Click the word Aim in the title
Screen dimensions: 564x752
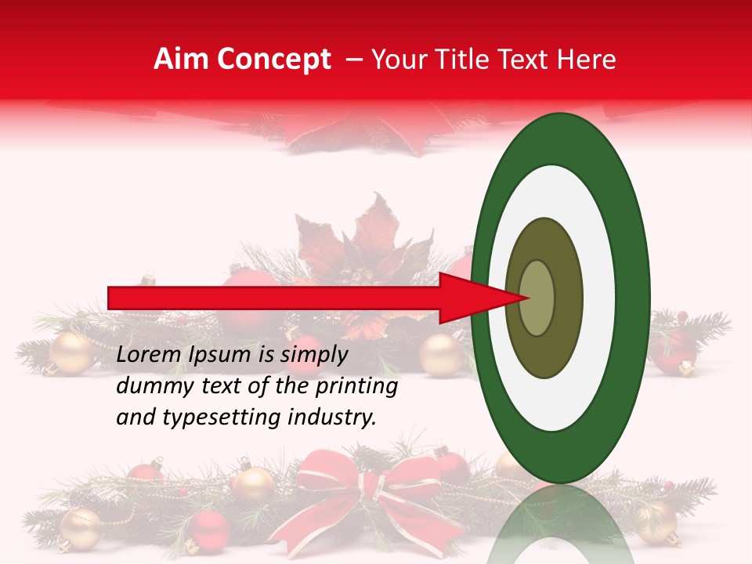click(x=182, y=60)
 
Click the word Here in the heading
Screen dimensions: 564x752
click(x=587, y=60)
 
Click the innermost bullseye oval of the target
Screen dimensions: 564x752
click(x=537, y=298)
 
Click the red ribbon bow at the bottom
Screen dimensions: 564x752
click(x=368, y=486)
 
